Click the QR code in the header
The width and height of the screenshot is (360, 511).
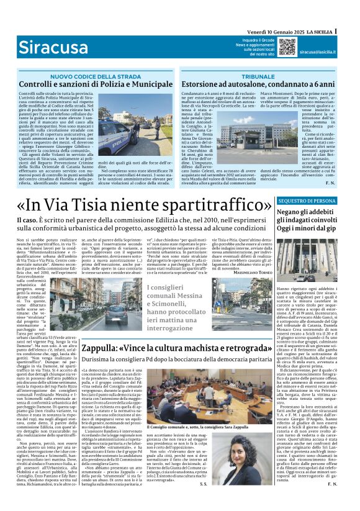(x=287, y=47)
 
